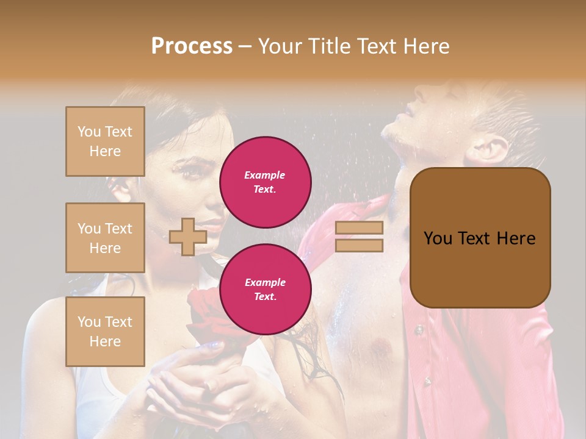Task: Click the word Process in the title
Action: point(192,46)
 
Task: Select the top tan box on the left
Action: point(105,141)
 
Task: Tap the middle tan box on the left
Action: point(105,238)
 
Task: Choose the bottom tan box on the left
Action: point(105,331)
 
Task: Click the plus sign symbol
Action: point(187,237)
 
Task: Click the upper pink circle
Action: point(265,182)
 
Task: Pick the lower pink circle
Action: point(265,289)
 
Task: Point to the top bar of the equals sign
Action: point(359,227)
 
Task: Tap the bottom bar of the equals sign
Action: point(359,245)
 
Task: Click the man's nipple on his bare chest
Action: point(381,348)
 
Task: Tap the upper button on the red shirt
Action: point(419,330)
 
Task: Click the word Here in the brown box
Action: point(515,238)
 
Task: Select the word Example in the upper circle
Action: point(265,175)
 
